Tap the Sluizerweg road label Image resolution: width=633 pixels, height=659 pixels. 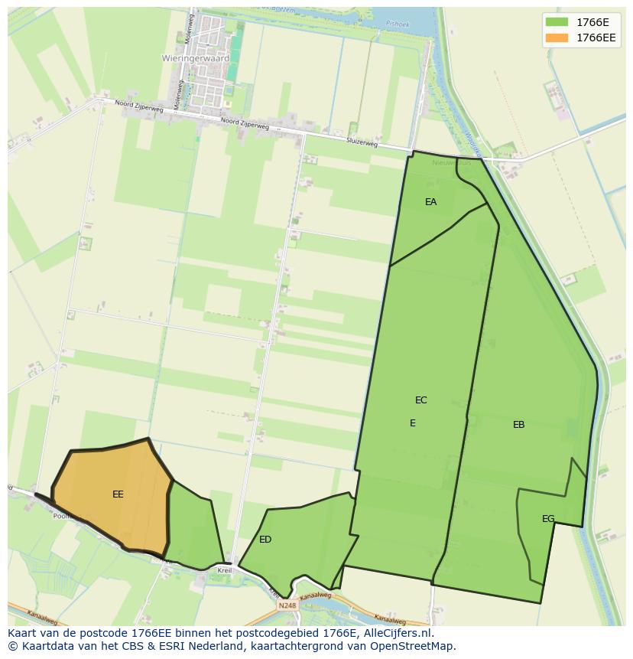click(362, 142)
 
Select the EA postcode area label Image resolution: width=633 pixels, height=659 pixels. click(431, 202)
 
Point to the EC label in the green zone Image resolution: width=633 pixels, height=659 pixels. click(421, 400)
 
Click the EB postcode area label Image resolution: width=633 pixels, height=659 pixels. click(519, 425)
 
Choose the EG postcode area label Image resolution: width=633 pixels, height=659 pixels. click(548, 519)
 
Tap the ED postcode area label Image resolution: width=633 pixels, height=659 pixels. click(265, 540)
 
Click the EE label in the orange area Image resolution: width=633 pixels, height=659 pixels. click(118, 494)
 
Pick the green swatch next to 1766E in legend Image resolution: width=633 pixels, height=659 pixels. click(557, 22)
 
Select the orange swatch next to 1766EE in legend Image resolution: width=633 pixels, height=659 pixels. click(557, 38)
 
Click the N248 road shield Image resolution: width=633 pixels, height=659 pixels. click(287, 605)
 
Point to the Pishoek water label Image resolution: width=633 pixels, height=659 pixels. click(398, 24)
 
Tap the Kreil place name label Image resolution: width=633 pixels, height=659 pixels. click(225, 571)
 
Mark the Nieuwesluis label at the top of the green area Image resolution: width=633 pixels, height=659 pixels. click(451, 163)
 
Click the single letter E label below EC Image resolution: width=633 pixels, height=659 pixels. click(413, 423)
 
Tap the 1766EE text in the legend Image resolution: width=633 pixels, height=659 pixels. click(596, 38)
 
